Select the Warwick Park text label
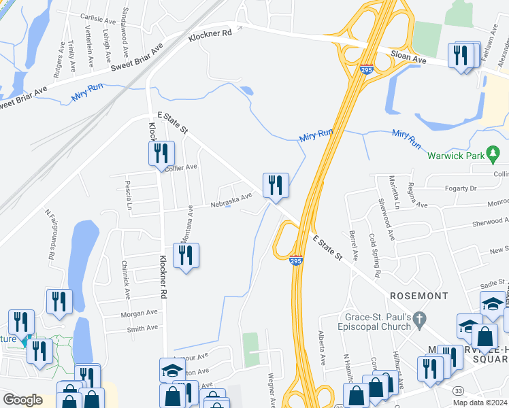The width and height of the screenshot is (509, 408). pyautogui.click(x=455, y=156)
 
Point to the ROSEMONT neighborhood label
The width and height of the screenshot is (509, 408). pyautogui.click(x=420, y=296)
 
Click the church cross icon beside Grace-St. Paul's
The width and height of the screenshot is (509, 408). pyautogui.click(x=420, y=318)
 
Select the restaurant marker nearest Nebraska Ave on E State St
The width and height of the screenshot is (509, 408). pyautogui.click(x=276, y=185)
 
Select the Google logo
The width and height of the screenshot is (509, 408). pyautogui.click(x=22, y=400)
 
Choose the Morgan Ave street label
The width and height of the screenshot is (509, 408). pyautogui.click(x=139, y=313)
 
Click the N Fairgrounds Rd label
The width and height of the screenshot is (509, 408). pyautogui.click(x=50, y=235)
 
